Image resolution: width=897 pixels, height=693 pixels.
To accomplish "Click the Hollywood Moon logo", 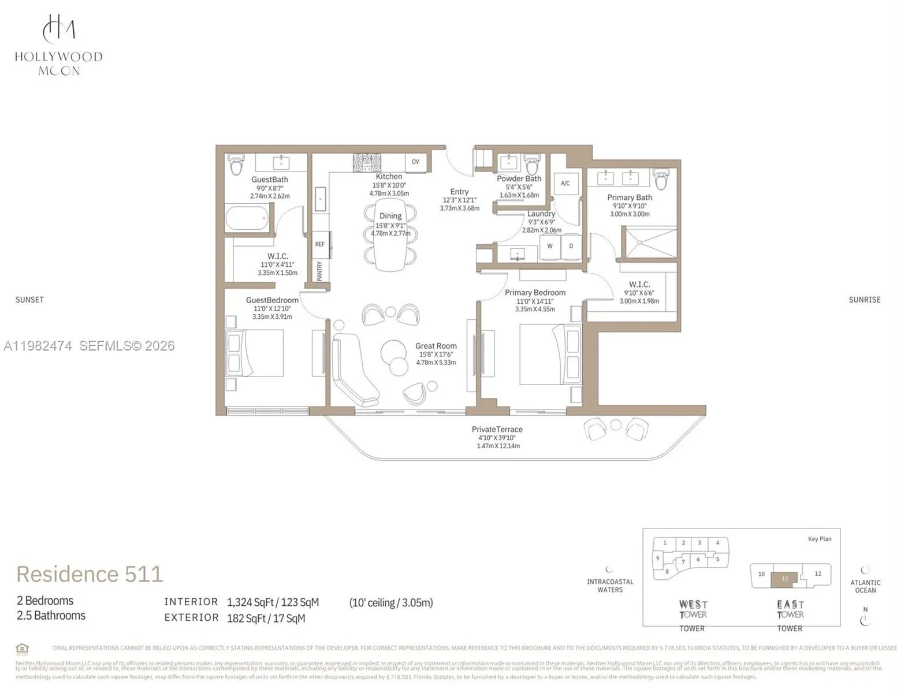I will tap(58, 45).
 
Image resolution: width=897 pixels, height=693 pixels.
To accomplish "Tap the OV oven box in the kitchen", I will tap(415, 162).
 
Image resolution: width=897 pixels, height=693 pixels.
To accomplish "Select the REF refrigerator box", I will tap(320, 244).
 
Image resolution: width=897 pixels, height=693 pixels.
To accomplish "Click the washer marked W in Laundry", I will tap(549, 246).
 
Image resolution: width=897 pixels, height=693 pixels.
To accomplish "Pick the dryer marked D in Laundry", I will tap(571, 246).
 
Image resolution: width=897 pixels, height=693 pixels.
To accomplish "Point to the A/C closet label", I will tap(565, 184).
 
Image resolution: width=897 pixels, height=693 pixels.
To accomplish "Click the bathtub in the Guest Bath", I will tap(247, 219).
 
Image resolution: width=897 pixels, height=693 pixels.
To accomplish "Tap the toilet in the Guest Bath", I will tap(236, 165).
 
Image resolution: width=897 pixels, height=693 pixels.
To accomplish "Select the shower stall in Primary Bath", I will tap(649, 242).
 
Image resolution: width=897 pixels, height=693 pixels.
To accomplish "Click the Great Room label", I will tap(436, 346).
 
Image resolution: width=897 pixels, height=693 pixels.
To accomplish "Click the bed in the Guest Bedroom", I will tap(255, 353).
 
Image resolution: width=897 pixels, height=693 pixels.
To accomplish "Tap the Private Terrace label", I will tap(497, 430).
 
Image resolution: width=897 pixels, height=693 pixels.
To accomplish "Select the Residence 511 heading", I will tap(90, 574).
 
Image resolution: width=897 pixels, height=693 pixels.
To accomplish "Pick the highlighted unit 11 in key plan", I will tap(784, 579).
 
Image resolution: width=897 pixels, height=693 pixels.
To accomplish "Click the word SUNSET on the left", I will tap(29, 300).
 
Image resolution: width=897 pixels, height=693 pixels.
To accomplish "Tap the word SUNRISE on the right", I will tap(864, 300).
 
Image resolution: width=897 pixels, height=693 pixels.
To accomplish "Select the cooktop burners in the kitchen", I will tap(367, 162).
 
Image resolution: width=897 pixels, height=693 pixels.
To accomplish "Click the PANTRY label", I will tap(319, 271).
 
